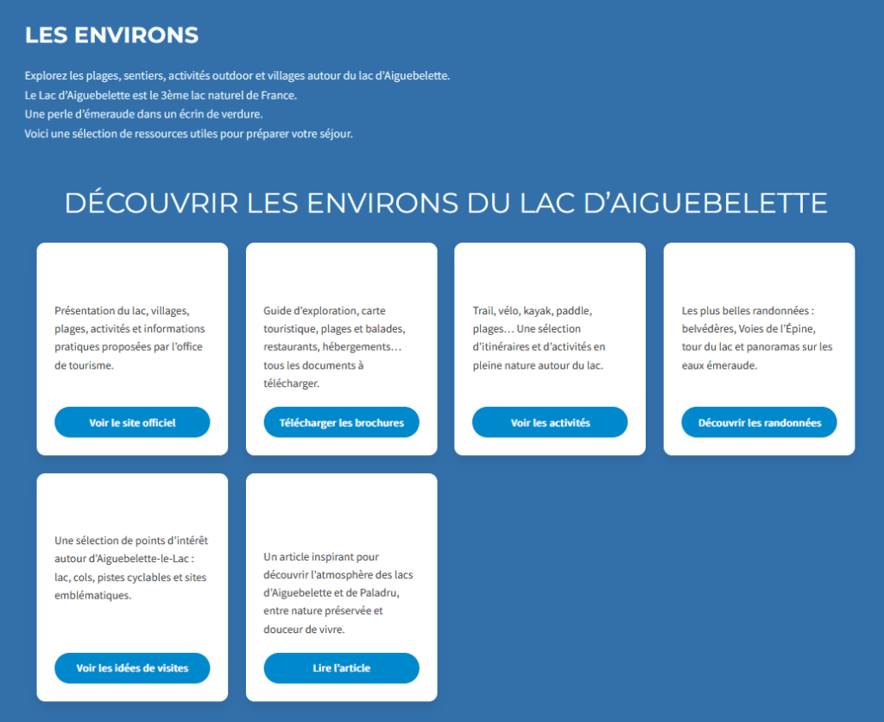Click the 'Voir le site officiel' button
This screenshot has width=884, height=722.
[132, 422]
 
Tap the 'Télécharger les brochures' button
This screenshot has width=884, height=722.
[341, 422]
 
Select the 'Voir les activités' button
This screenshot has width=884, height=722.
[550, 422]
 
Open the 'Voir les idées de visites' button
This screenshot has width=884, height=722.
[132, 668]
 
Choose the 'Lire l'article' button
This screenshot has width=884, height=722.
[341, 668]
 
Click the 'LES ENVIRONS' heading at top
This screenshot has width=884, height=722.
[111, 35]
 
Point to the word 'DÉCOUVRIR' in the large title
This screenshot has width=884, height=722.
[151, 203]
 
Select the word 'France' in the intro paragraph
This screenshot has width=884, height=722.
[279, 95]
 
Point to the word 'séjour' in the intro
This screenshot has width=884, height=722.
[335, 133]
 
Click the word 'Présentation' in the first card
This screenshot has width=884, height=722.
[85, 310]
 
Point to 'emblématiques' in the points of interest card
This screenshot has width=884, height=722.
[92, 595]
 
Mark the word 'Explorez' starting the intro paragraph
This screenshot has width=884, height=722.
[47, 76]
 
